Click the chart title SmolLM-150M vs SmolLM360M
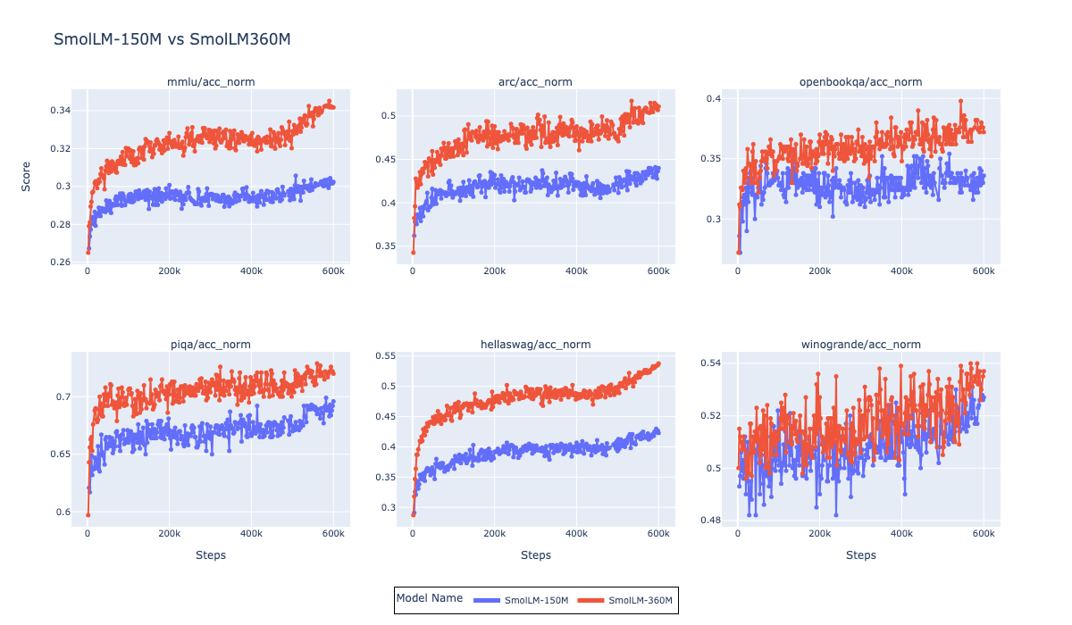point(172,39)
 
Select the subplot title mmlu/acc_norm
point(211,82)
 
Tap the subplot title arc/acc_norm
point(535,82)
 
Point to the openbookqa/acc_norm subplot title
point(860,82)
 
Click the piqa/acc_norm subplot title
point(211,345)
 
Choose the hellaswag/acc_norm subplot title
point(535,345)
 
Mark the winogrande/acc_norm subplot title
point(860,345)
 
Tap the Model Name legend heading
point(429,599)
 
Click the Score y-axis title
point(26,176)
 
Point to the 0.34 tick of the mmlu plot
point(59,111)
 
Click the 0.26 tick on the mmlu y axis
point(59,262)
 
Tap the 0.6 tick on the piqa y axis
point(63,512)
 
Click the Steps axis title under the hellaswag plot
point(535,555)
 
